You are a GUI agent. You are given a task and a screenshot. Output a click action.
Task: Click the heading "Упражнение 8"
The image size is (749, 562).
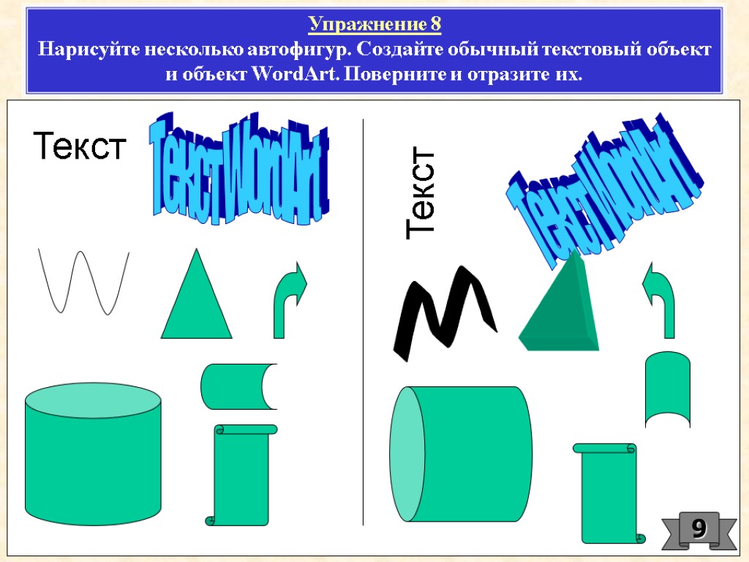(x=374, y=25)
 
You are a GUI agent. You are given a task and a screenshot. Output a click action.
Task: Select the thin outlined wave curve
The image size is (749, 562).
(x=83, y=282)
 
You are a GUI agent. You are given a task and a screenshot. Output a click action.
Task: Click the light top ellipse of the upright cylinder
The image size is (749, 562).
(x=93, y=401)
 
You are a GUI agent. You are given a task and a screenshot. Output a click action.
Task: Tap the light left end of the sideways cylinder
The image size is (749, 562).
(x=407, y=454)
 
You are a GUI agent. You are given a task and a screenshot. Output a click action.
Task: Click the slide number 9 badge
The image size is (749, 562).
(x=699, y=528)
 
